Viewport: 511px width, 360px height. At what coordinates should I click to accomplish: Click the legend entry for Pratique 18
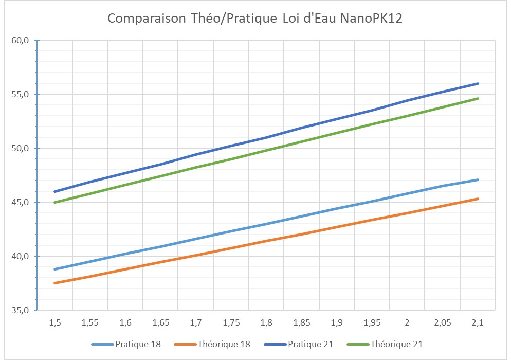click(138, 344)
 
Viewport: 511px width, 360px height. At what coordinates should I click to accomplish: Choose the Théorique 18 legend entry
click(224, 344)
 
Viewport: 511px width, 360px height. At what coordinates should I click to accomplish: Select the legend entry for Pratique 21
click(311, 344)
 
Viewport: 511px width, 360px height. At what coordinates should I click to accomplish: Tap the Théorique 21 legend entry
click(397, 344)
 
